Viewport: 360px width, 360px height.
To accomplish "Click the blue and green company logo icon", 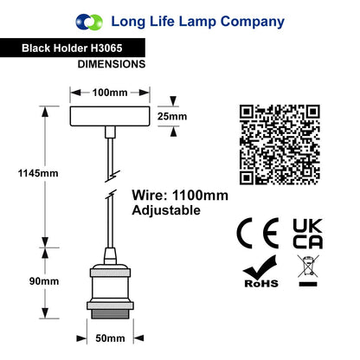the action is [89, 22].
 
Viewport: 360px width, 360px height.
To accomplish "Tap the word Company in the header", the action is [253, 22].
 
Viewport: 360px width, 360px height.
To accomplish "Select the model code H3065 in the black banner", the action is [106, 48].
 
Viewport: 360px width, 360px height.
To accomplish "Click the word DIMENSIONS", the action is [112, 64].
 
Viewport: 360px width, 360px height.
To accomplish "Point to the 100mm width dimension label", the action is [110, 93].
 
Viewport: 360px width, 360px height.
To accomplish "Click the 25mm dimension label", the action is [172, 117].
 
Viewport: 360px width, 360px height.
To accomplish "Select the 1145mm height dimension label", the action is [38, 173].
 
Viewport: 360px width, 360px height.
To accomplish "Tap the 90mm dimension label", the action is [44, 281].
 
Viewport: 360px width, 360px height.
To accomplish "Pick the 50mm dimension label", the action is [110, 338].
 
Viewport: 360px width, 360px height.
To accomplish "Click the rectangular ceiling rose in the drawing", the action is [110, 116].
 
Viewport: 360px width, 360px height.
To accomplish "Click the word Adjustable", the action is [166, 210].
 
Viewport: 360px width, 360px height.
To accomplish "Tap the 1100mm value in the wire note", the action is [200, 196].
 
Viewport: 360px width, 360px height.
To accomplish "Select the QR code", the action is [280, 145].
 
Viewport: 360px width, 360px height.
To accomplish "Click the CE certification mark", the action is [258, 234].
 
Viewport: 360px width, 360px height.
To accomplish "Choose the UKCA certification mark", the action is [308, 234].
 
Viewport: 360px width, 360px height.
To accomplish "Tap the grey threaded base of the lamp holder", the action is [110, 314].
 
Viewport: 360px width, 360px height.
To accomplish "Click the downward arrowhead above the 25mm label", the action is [173, 101].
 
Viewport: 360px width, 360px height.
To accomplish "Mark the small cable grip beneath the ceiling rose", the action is [110, 132].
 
